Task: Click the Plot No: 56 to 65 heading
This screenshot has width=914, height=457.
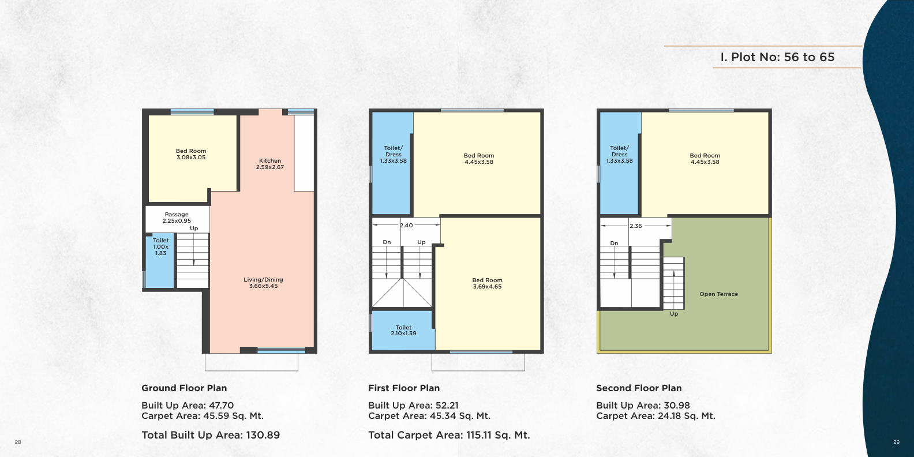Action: pos(777,57)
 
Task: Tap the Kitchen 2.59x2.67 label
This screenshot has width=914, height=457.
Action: pos(270,164)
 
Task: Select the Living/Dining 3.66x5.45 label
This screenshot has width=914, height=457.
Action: pos(263,283)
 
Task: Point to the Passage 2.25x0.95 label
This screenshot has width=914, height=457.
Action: pos(177,218)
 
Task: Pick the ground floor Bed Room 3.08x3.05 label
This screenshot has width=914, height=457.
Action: pos(191,154)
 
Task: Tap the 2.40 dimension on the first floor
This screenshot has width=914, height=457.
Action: pos(406,225)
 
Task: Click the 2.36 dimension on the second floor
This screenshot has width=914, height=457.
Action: pos(636,226)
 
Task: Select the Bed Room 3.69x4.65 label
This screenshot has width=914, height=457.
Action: pos(487,283)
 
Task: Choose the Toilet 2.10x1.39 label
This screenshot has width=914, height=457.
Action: pos(403,331)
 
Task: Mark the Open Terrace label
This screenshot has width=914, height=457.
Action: pos(718,294)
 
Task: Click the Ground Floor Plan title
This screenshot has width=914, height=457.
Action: pos(184,388)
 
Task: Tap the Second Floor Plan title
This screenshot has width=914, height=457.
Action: pos(639,388)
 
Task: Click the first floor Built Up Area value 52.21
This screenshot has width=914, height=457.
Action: pos(447,406)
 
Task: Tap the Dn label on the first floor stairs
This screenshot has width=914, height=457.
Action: pos(387,242)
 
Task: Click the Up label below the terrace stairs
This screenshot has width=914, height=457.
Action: pos(674,314)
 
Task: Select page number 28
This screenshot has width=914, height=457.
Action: pos(17,442)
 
